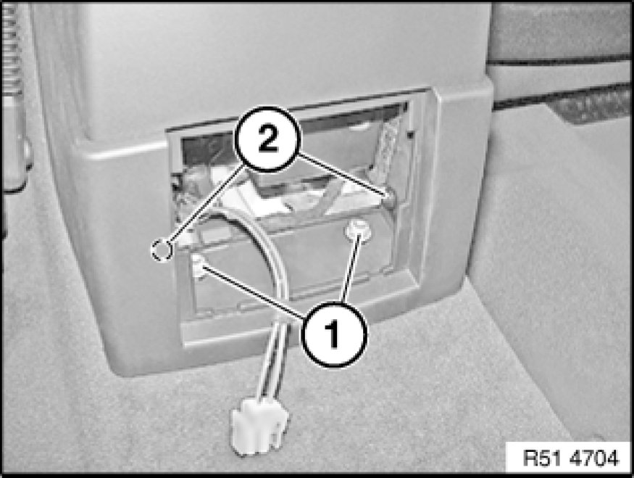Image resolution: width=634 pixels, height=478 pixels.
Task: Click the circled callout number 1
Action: pyautogui.click(x=334, y=334)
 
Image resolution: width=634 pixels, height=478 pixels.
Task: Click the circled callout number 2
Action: pyautogui.click(x=267, y=139)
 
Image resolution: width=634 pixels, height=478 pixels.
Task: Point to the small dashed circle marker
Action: pyautogui.click(x=162, y=250)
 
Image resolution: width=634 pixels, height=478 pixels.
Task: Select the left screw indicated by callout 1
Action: pyautogui.click(x=199, y=265)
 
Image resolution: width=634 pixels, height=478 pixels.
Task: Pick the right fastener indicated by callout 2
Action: pyautogui.click(x=388, y=198)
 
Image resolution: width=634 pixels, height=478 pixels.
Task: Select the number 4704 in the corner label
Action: pyautogui.click(x=594, y=458)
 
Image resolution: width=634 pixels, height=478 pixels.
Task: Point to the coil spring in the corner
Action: pyautogui.click(x=12, y=49)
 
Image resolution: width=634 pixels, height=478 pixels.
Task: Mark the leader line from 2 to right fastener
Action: pyautogui.click(x=342, y=175)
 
